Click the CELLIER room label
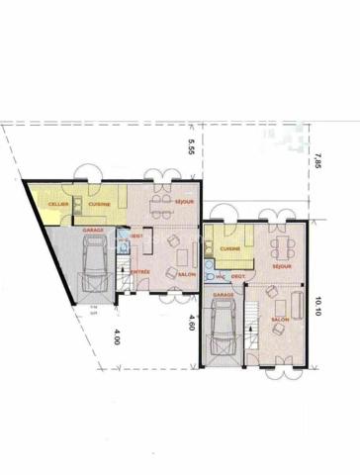(x=45, y=204)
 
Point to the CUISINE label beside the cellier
(x=98, y=204)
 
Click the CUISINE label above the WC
(x=230, y=248)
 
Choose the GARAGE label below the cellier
(x=93, y=230)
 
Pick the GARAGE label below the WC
(x=223, y=294)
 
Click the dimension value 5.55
(x=193, y=147)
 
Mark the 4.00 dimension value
(x=118, y=335)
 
